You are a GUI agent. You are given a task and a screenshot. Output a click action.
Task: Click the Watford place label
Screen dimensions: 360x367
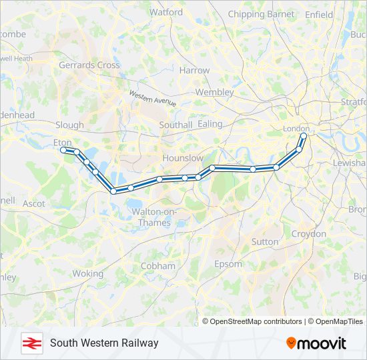(166, 12)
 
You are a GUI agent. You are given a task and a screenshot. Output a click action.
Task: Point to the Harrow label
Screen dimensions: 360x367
(194, 70)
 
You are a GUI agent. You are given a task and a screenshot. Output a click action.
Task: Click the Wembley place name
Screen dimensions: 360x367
(214, 92)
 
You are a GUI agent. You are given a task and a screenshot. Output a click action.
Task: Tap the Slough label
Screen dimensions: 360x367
(70, 125)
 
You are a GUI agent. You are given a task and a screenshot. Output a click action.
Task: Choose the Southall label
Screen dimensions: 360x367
(176, 125)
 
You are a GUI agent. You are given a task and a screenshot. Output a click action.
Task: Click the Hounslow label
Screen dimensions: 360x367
(183, 158)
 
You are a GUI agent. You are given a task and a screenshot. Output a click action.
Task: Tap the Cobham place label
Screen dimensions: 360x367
(158, 266)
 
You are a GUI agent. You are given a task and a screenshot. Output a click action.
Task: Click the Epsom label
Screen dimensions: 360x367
(228, 264)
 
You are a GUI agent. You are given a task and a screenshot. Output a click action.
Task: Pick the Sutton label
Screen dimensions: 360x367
(264, 242)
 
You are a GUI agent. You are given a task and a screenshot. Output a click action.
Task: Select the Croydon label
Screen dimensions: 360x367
(308, 234)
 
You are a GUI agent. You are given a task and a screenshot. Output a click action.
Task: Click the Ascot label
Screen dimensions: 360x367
(34, 203)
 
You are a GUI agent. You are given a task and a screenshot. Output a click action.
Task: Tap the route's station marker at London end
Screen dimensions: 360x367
(304, 136)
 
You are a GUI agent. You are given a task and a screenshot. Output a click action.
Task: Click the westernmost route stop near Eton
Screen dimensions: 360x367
(64, 150)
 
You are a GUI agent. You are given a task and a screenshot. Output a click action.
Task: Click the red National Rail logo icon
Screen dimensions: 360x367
(30, 343)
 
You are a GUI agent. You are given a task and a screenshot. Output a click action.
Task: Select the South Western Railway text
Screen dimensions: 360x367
(104, 343)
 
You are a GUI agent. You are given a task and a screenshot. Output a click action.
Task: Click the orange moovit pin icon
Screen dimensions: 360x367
(292, 343)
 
